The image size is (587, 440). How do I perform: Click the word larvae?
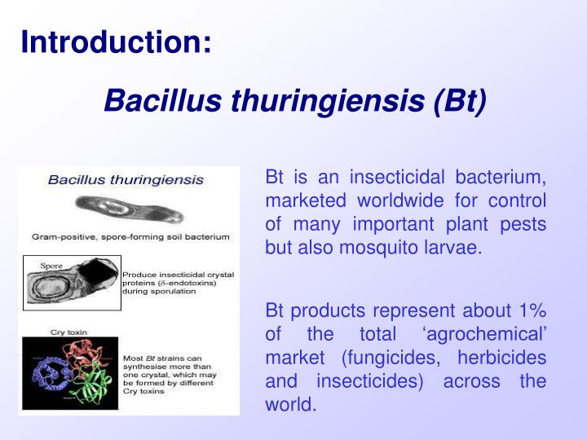click(452, 247)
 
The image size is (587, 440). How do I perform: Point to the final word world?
click(290, 404)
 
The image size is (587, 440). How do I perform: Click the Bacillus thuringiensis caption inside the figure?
click(126, 179)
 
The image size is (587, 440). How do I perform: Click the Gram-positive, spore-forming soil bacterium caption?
click(130, 236)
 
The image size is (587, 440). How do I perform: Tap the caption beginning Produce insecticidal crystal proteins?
click(178, 283)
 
